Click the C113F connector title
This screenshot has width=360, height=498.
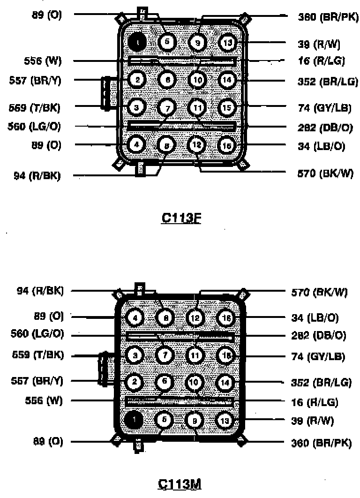pyautogui.click(x=181, y=218)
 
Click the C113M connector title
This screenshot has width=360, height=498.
pyautogui.click(x=181, y=483)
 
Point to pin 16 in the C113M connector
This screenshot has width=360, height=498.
pyautogui.click(x=225, y=318)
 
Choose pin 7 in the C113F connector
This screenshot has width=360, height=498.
pyautogui.click(x=166, y=108)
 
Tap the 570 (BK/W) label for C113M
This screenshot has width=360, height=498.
pyautogui.click(x=319, y=293)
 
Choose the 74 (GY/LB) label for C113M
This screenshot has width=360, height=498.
pyautogui.click(x=321, y=356)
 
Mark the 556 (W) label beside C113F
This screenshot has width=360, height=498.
pyautogui.click(x=43, y=61)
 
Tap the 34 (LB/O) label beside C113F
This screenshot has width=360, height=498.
pyautogui.click(x=321, y=146)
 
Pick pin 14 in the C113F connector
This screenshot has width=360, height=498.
pyautogui.click(x=227, y=80)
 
